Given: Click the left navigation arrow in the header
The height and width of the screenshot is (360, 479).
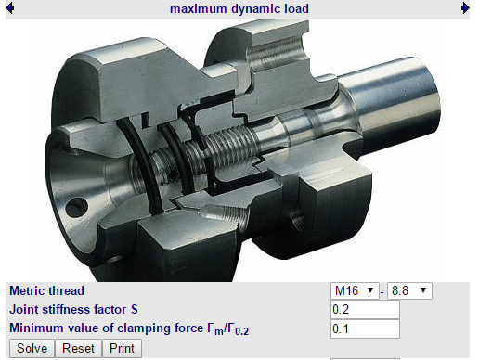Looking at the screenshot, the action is (x=10, y=8).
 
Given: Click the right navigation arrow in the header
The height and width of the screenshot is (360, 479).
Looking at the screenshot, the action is (x=465, y=8).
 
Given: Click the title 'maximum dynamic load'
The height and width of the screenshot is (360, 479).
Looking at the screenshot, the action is (x=239, y=8).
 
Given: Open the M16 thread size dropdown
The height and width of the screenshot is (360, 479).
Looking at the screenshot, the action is (x=355, y=290).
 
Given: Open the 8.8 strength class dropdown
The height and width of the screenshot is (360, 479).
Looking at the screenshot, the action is (x=409, y=290).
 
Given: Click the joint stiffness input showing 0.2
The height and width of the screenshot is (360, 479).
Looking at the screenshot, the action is (x=365, y=309).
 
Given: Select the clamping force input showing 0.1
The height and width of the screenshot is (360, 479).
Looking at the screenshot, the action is (x=365, y=328).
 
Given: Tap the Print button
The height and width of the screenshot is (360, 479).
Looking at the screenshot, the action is (x=122, y=348).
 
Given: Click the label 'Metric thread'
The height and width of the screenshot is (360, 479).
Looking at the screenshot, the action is (x=46, y=290).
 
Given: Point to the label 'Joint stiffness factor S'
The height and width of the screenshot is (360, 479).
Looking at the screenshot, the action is (x=73, y=309).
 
